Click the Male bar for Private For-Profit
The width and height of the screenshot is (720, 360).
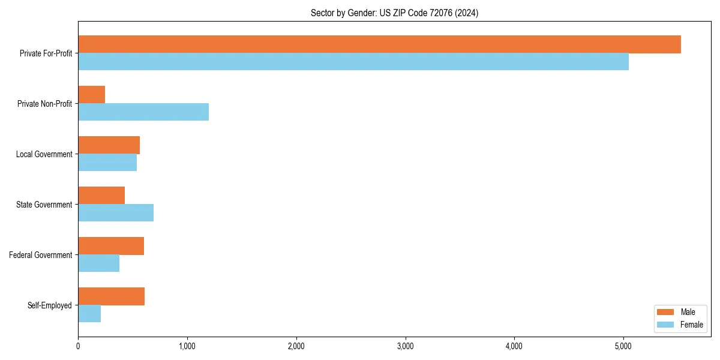click(x=379, y=44)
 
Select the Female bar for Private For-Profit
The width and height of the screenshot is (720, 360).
click(x=353, y=62)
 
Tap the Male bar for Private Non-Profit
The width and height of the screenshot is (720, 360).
click(x=92, y=95)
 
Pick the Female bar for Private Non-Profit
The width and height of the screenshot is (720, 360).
click(x=143, y=112)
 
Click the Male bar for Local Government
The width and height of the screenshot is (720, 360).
click(x=109, y=145)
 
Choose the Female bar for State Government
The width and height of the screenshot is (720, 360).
click(x=116, y=213)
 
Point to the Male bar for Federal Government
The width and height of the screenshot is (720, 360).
click(x=111, y=246)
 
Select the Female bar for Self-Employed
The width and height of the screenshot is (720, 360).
click(x=89, y=314)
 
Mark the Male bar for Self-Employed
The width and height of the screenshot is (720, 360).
click(x=111, y=296)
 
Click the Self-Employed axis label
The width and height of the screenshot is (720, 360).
click(x=49, y=305)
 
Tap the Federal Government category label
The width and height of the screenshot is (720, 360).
click(x=40, y=255)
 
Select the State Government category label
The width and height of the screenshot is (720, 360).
click(x=44, y=205)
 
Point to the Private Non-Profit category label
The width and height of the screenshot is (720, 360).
click(x=44, y=104)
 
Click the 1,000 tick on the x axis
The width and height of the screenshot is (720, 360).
click(x=187, y=346)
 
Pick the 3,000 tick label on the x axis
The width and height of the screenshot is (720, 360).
click(x=406, y=346)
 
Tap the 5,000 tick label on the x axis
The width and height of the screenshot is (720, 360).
click(x=623, y=346)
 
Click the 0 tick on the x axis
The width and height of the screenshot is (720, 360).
click(x=78, y=346)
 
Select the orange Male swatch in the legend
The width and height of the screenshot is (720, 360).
click(x=666, y=312)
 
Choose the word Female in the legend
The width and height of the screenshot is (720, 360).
click(x=691, y=325)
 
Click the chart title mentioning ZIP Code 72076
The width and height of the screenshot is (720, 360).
click(x=394, y=13)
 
